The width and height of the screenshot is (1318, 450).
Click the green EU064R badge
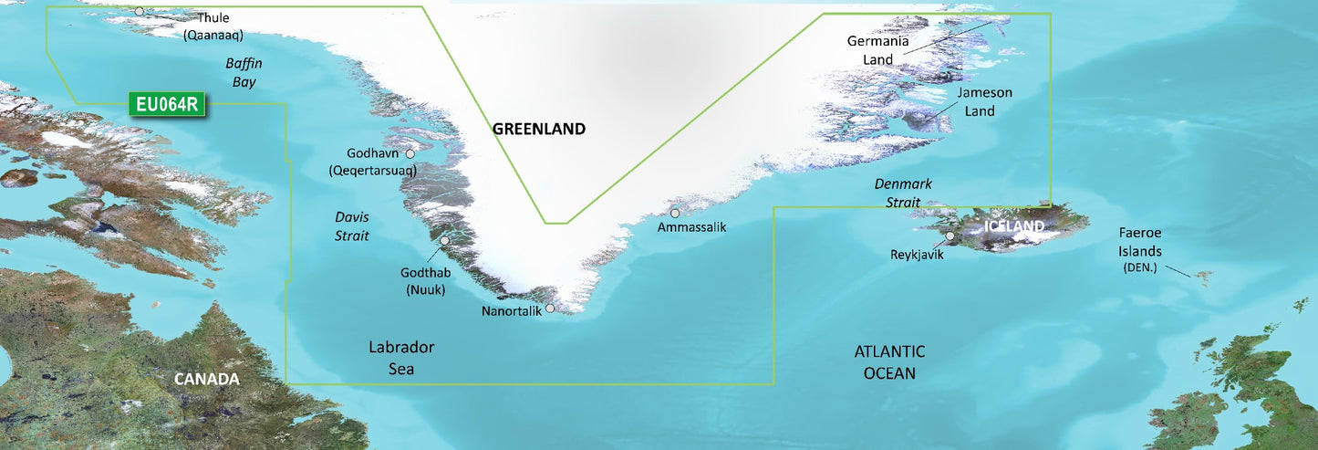point(167,105)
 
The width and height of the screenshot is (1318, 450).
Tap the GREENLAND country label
point(539,130)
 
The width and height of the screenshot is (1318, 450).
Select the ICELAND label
point(1013,225)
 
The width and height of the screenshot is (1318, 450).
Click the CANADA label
point(208,379)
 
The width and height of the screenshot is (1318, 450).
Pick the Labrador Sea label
point(401,358)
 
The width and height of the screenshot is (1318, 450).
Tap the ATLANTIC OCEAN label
point(889,361)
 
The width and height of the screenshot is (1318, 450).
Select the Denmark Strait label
point(903,193)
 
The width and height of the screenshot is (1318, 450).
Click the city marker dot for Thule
point(140,11)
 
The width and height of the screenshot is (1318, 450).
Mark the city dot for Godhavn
point(410,154)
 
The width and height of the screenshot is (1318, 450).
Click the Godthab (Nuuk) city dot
point(445,242)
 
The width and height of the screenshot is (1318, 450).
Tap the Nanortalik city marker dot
point(550,309)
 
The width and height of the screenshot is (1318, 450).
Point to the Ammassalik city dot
point(675,214)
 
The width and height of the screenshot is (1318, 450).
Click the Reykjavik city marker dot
point(950,236)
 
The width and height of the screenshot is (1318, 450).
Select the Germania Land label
point(877,50)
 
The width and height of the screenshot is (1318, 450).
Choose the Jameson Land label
point(984,101)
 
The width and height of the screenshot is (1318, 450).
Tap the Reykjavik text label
point(917,256)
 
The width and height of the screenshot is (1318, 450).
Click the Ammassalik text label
point(691,227)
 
